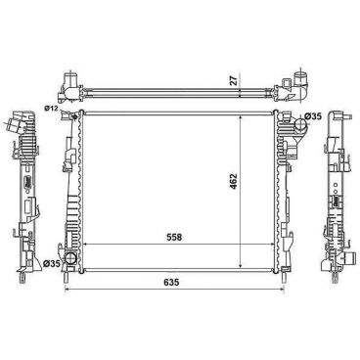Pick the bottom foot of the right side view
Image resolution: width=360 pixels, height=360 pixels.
point(336,266)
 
